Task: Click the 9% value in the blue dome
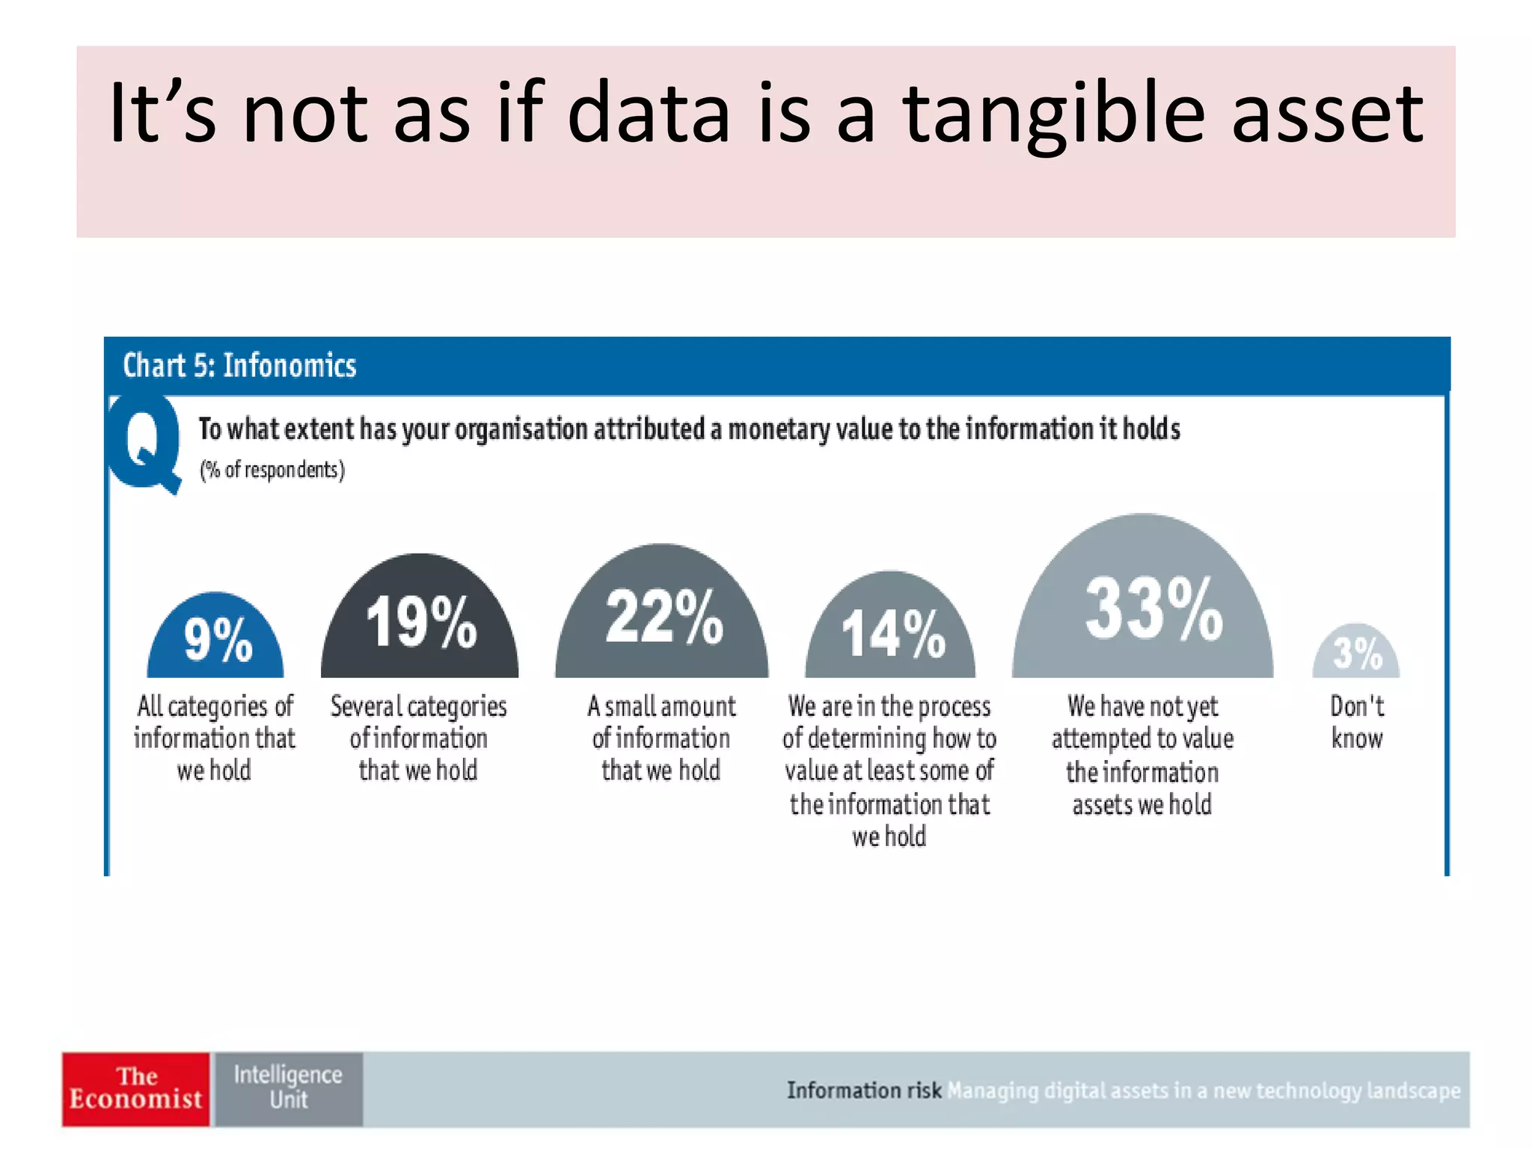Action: click(218, 640)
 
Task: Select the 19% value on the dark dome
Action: click(421, 622)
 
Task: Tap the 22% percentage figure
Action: click(664, 616)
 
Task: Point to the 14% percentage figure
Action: click(893, 634)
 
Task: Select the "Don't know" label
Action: click(1357, 722)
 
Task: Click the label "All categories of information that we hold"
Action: click(215, 738)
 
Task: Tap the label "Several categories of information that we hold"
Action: click(419, 738)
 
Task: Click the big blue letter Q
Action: click(145, 443)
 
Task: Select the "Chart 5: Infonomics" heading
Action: click(239, 366)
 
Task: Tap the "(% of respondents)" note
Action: click(272, 470)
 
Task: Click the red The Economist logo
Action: click(136, 1089)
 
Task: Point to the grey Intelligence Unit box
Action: click(289, 1089)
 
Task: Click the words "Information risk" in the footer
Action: click(863, 1091)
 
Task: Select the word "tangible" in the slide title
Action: click(1053, 114)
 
